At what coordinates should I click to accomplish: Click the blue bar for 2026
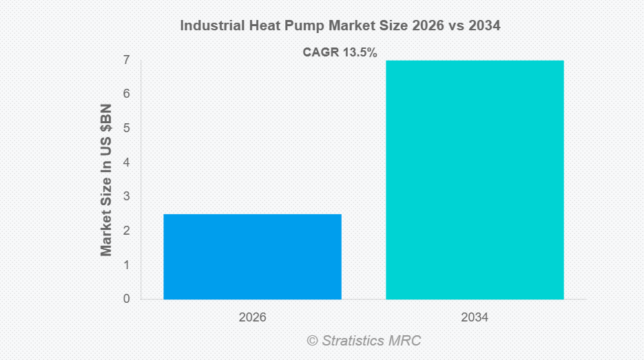252,257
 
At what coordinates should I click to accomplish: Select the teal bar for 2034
475,180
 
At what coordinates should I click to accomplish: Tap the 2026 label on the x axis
252,318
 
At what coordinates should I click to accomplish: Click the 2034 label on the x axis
475,318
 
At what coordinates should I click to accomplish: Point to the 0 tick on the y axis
127,299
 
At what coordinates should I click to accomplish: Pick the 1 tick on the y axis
127,265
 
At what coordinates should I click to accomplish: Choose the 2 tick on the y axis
127,231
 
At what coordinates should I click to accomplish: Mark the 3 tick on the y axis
127,197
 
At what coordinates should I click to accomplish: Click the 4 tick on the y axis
127,162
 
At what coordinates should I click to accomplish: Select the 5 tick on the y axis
127,128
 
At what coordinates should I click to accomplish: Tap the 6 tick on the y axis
127,94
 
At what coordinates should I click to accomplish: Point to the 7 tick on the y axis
127,60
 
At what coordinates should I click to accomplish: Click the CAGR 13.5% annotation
340,52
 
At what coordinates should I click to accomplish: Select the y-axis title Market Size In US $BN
106,180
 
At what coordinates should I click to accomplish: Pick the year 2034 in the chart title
483,26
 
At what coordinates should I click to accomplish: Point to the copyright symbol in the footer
312,341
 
